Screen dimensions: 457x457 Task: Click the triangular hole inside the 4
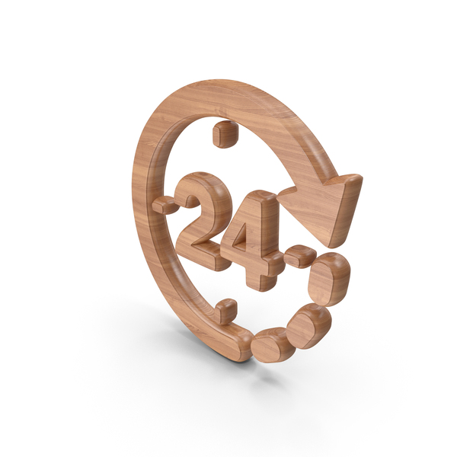click(251, 232)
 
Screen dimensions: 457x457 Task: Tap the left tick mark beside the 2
click(164, 204)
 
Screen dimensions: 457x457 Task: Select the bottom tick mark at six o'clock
click(225, 312)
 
